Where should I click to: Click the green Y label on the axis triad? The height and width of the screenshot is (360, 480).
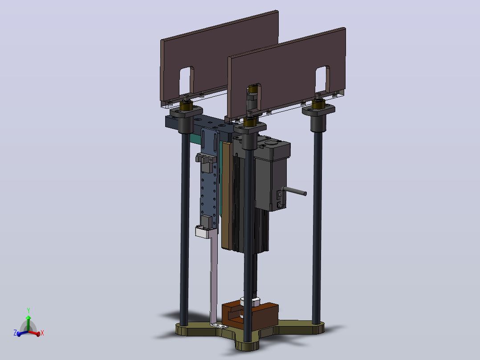coord(28,311)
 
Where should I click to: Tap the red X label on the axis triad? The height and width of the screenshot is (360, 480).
coord(42,333)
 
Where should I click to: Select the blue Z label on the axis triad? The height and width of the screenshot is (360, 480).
coord(15,333)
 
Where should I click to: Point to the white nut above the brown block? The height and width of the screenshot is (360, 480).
coord(250,302)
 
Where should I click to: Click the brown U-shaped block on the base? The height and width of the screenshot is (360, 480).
coord(250,316)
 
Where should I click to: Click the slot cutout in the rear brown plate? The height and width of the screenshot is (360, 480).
coord(187,80)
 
